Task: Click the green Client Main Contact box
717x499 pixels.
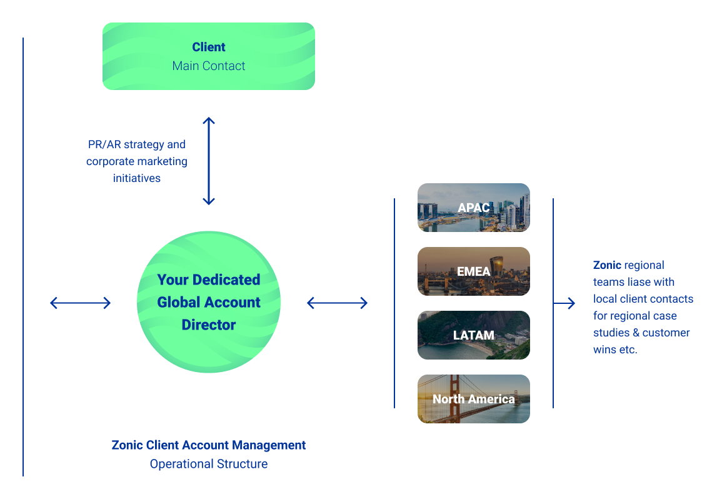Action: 209,56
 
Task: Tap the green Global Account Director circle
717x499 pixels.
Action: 209,302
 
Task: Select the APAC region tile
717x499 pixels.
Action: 474,208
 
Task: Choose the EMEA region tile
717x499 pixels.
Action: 474,271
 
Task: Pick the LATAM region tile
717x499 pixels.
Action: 474,335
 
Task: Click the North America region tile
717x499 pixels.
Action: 474,399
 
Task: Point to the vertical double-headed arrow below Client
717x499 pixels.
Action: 209,161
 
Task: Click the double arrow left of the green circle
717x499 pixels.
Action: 81,303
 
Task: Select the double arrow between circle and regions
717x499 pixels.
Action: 338,303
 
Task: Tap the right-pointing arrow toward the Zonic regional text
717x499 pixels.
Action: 564,303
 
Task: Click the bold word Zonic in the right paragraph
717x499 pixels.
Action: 607,265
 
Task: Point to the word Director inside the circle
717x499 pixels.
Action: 209,325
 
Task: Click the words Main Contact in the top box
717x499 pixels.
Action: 209,66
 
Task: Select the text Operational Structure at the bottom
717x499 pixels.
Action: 209,464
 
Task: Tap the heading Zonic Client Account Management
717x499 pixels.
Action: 209,445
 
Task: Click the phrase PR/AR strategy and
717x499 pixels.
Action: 137,144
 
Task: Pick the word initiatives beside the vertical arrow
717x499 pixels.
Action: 137,178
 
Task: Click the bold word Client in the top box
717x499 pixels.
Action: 209,47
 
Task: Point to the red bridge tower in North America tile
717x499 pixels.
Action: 454,399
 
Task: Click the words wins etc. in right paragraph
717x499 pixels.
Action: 615,350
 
